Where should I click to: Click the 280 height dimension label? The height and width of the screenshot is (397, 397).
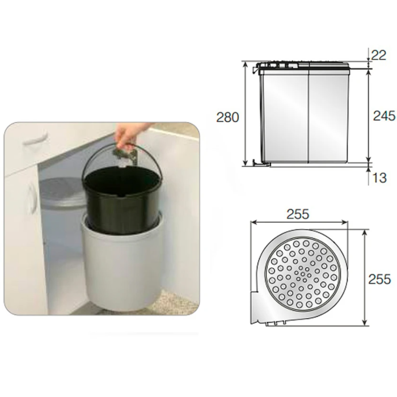click(x=227, y=117)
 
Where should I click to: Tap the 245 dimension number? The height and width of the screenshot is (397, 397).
click(x=384, y=116)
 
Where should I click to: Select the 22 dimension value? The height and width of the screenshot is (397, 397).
click(x=378, y=55)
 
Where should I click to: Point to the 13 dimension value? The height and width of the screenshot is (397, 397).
click(x=379, y=178)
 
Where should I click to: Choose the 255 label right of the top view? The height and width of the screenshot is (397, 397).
click(x=379, y=280)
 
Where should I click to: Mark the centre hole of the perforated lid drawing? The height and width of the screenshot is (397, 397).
click(x=303, y=274)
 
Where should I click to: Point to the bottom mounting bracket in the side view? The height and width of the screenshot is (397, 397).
click(x=261, y=163)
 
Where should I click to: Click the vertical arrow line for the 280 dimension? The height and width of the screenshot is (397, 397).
click(x=244, y=113)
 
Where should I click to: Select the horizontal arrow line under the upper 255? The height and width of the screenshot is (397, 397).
click(x=299, y=222)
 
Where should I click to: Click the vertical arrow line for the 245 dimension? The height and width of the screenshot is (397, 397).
click(x=369, y=116)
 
